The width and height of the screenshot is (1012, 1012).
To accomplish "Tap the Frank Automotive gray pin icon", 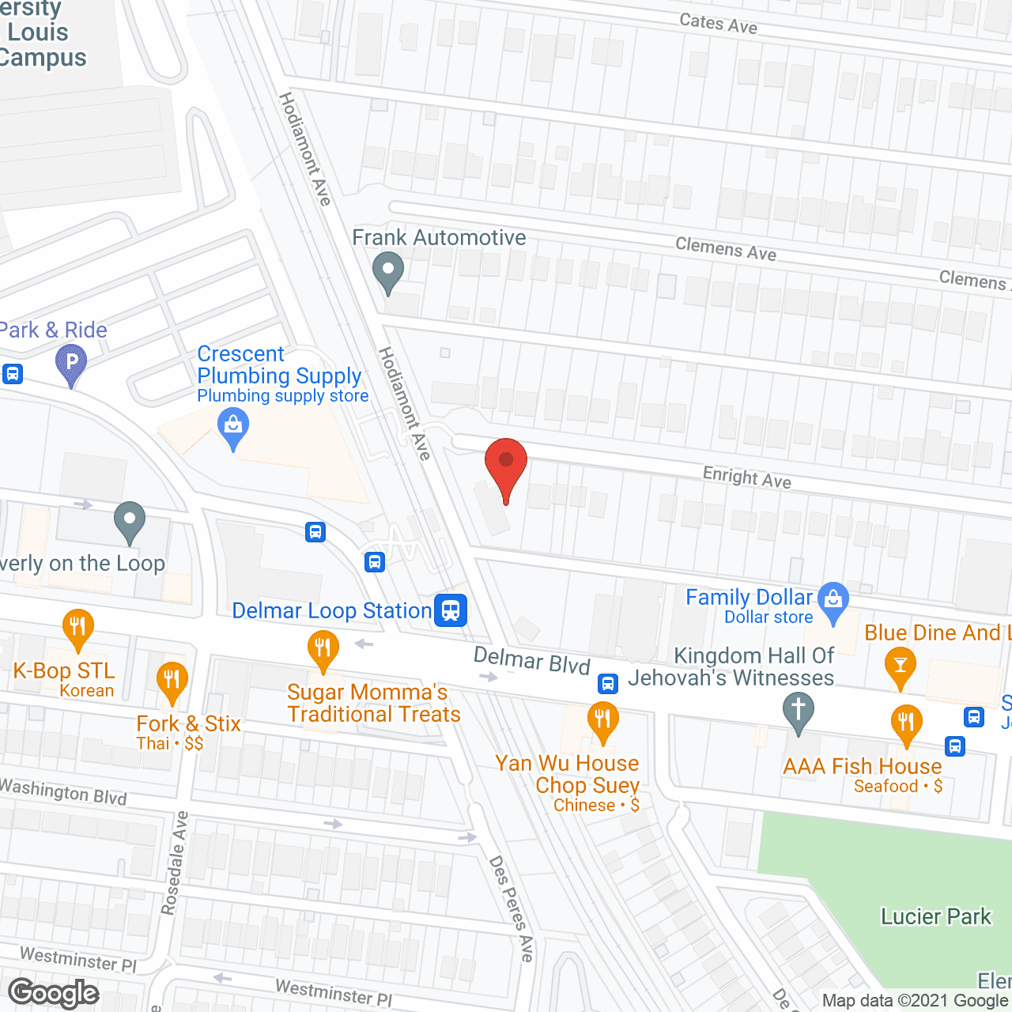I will (387, 270).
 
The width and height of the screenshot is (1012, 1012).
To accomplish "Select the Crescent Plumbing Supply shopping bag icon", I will (232, 427).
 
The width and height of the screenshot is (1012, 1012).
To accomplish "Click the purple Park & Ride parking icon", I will (71, 364).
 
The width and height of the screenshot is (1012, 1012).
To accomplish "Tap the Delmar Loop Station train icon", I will (451, 610).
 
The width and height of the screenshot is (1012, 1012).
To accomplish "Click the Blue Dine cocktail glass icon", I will (900, 665).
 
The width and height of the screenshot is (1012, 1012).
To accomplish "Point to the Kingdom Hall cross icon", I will (799, 709).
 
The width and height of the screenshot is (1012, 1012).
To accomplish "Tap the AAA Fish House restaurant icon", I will (906, 723).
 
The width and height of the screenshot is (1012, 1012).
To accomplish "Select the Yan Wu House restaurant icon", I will (602, 720).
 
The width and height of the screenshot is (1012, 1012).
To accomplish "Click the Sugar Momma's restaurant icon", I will (323, 649).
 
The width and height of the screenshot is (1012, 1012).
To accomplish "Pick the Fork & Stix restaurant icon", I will (172, 681).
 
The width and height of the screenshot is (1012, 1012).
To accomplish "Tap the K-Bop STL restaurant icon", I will (77, 628).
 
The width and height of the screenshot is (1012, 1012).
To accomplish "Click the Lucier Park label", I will (935, 916).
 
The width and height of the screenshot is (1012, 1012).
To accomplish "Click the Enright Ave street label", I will (746, 477).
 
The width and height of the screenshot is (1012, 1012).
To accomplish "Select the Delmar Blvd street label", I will (531, 660).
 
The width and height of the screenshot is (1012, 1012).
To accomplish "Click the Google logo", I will (54, 993).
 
